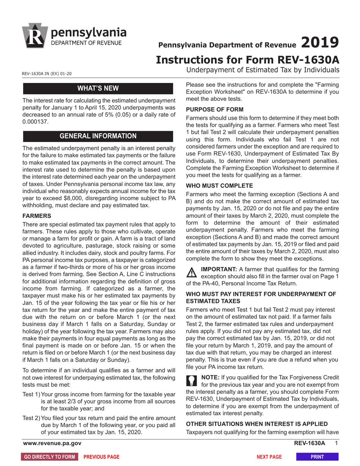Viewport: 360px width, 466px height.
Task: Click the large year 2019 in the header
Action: coord(320,42)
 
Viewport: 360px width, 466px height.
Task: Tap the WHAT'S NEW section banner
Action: coord(98,89)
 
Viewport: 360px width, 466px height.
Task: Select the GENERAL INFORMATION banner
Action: coord(98,136)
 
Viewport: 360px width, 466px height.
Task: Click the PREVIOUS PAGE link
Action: coord(101,457)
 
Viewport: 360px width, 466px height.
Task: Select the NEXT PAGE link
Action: coord(269,457)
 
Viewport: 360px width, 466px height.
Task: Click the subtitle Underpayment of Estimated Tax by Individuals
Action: coord(263,70)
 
